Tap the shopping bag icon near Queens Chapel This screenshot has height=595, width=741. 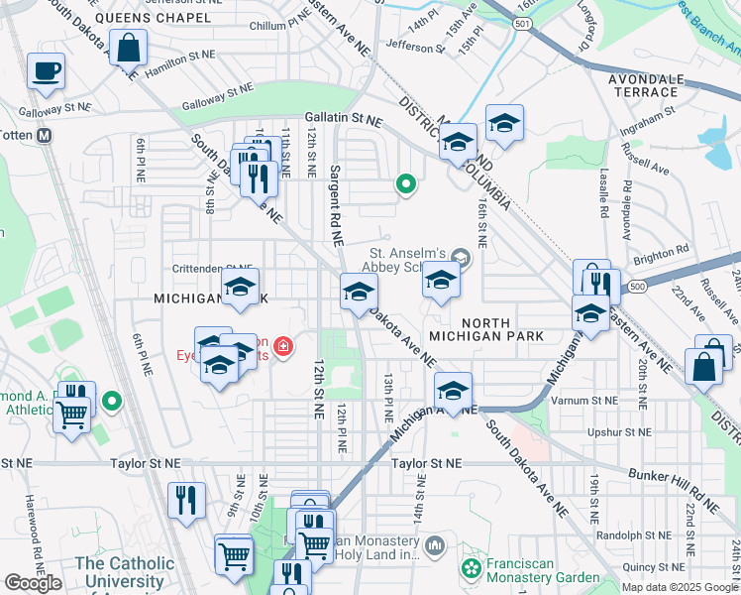tap(129, 47)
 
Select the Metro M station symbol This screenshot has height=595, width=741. tap(45, 136)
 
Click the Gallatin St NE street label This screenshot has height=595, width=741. tap(343, 119)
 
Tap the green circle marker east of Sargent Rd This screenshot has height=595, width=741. tap(404, 183)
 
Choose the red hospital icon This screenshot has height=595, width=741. tap(283, 346)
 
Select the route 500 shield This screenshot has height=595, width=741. tap(635, 286)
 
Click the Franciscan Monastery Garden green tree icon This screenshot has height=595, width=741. tap(472, 569)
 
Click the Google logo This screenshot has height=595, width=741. tap(33, 583)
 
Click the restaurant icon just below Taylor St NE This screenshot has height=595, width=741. tap(186, 502)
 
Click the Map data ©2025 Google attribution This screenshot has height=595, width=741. tap(679, 586)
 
